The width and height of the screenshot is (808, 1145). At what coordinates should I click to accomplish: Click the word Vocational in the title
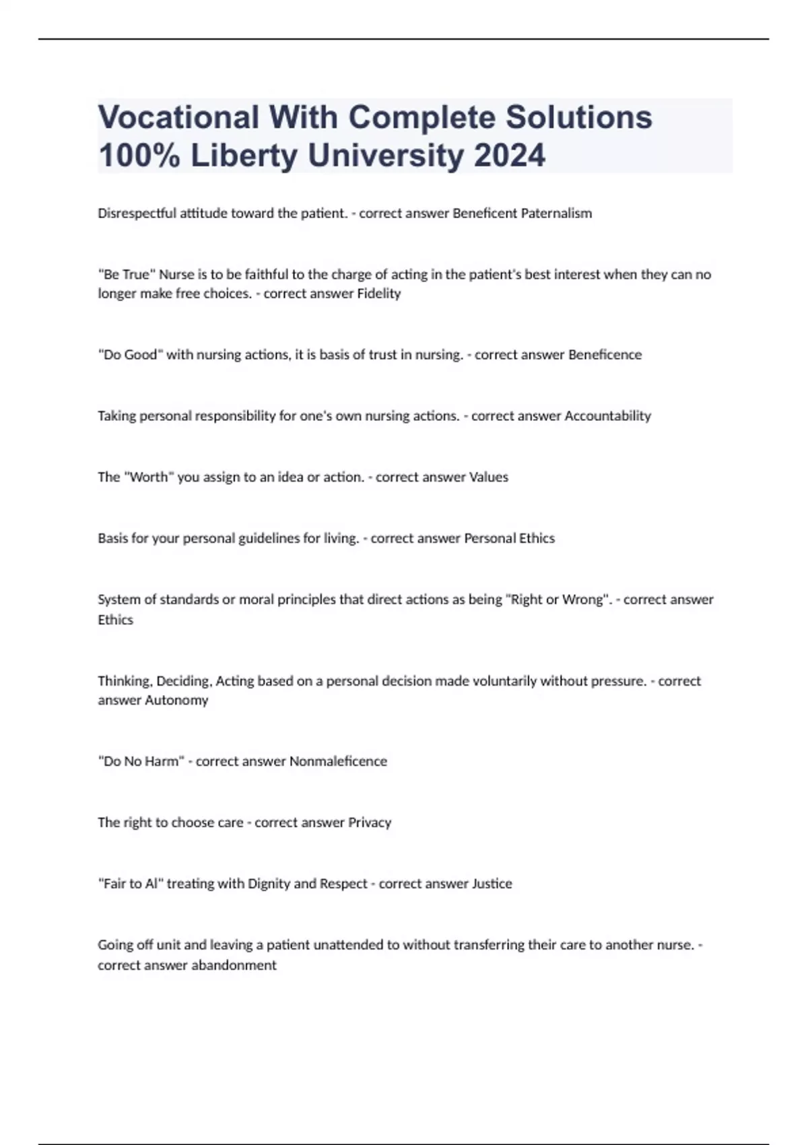178,117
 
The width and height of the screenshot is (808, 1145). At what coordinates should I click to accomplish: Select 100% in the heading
139,156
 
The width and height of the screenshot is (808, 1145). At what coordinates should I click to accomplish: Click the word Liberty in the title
244,156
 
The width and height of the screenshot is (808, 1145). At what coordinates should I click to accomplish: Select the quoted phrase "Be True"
127,274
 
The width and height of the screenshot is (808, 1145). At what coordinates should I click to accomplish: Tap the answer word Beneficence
605,355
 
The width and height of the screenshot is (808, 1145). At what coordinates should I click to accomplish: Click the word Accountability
607,416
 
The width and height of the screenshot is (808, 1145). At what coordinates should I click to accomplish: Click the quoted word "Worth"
148,478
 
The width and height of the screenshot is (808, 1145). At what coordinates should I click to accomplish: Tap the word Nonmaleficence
338,762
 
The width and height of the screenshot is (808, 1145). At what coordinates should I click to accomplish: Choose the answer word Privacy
369,822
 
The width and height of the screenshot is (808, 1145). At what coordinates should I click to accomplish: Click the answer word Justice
491,884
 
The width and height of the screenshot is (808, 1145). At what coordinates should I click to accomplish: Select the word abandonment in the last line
234,965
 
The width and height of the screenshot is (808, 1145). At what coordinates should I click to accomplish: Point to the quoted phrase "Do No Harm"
141,762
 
